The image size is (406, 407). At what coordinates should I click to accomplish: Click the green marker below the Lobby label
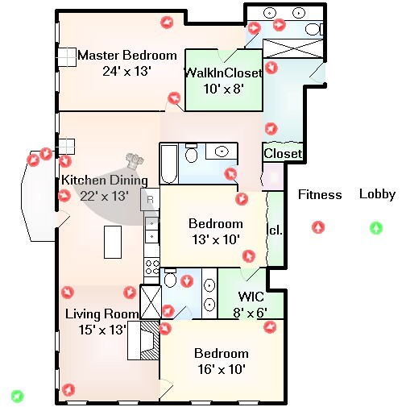pyautogui.click(x=376, y=228)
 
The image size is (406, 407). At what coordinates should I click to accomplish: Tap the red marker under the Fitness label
pyautogui.click(x=319, y=228)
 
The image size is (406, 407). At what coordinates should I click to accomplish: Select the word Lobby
pyautogui.click(x=377, y=194)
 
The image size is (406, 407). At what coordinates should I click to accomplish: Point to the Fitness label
pyautogui.click(x=320, y=194)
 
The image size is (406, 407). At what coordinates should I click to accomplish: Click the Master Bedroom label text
pyautogui.click(x=126, y=56)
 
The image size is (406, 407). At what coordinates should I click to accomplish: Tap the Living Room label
pyautogui.click(x=95, y=314)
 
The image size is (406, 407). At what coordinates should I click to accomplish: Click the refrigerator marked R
pyautogui.click(x=150, y=198)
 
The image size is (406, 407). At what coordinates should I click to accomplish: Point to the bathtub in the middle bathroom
pyautogui.click(x=168, y=164)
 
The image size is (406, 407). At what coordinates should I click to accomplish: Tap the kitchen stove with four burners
pyautogui.click(x=151, y=265)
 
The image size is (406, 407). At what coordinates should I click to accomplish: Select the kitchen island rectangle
pyautogui.click(x=114, y=242)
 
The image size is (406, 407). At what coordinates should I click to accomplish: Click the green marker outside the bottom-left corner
pyautogui.click(x=18, y=396)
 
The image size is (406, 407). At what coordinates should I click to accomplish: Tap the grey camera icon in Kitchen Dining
pyautogui.click(x=133, y=160)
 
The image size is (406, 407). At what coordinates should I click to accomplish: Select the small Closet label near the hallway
pyautogui.click(x=283, y=153)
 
